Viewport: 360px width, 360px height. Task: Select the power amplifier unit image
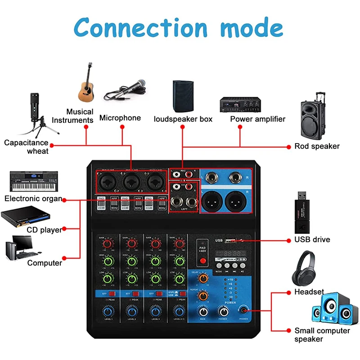[241, 104]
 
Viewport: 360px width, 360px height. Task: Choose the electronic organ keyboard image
[31, 180]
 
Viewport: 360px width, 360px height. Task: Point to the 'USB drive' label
[312, 239]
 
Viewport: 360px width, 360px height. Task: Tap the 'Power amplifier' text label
[257, 119]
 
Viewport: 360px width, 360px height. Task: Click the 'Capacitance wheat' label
[26, 147]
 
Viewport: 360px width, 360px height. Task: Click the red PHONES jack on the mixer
[244, 310]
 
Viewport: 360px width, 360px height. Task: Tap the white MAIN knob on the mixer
[204, 311]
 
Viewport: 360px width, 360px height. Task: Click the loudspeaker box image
[183, 96]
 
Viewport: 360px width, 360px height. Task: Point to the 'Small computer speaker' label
[322, 334]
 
